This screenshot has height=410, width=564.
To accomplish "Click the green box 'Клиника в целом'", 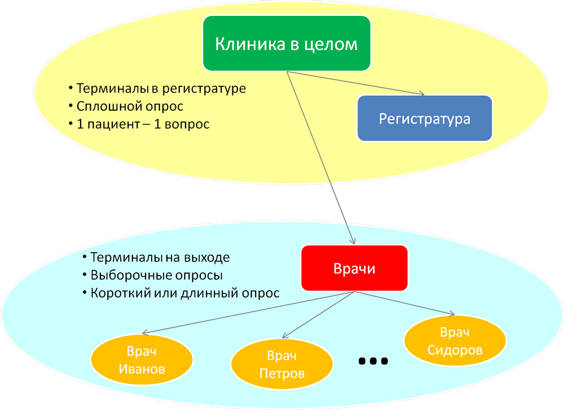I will pyautogui.click(x=287, y=43).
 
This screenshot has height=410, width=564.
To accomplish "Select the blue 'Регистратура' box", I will pyautogui.click(x=424, y=119).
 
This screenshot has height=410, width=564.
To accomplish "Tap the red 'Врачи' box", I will pyautogui.click(x=354, y=269).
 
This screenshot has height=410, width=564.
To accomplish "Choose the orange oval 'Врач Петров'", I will pyautogui.click(x=281, y=364).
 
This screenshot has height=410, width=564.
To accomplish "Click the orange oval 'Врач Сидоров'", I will pyautogui.click(x=455, y=341).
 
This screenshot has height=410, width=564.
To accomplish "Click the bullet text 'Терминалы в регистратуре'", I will pyautogui.click(x=161, y=89).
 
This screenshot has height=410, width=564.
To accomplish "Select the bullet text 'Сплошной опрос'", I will pyautogui.click(x=130, y=106).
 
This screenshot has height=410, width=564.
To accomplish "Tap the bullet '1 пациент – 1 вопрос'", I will pyautogui.click(x=143, y=124).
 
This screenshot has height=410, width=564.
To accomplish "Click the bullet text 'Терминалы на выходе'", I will pyautogui.click(x=160, y=257).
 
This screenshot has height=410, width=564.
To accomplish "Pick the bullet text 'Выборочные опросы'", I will pyautogui.click(x=156, y=276).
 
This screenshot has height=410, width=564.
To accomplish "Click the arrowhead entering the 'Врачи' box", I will pyautogui.click(x=354, y=241).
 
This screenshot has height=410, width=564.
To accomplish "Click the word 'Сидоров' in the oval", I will pyautogui.click(x=455, y=350).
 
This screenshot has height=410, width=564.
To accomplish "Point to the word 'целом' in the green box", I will pyautogui.click(x=333, y=44).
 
